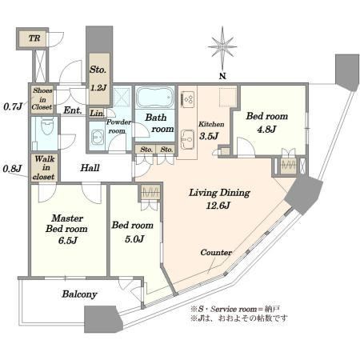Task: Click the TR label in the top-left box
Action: click(34, 38)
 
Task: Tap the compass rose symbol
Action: click(222, 47)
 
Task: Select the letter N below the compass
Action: click(222, 76)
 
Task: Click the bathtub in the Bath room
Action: click(154, 97)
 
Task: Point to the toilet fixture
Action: click(48, 126)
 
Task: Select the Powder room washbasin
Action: click(98, 138)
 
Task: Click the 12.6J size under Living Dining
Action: click(218, 206)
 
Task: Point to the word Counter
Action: click(216, 252)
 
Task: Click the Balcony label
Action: click(79, 294)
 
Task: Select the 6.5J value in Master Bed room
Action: click(68, 241)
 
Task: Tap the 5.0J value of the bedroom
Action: click(134, 239)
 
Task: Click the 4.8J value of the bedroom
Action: click(266, 130)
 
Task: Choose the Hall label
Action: click(90, 168)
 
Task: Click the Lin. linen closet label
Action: click(97, 114)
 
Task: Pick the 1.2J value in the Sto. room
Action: click(98, 87)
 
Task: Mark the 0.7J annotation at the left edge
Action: click(13, 106)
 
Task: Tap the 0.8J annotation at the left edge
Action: click(12, 169)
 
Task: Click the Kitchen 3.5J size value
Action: click(209, 136)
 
